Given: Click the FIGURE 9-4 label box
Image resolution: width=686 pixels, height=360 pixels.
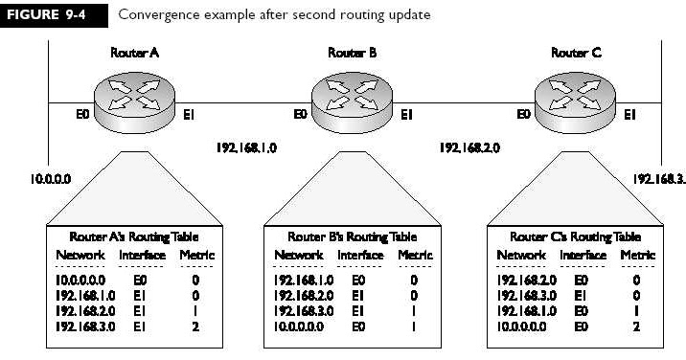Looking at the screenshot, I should coord(49,15).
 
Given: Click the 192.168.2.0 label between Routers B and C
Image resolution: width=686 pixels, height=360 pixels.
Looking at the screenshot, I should coord(469,148).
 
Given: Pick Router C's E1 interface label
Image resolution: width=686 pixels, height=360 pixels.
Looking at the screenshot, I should coord(630,117).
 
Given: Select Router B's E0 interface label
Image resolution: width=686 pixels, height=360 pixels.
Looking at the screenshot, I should coord(299,117).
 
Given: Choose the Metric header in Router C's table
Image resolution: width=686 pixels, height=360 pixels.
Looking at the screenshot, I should coord(637,255).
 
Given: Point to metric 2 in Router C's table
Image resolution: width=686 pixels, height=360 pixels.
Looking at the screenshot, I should coord(636,329).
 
